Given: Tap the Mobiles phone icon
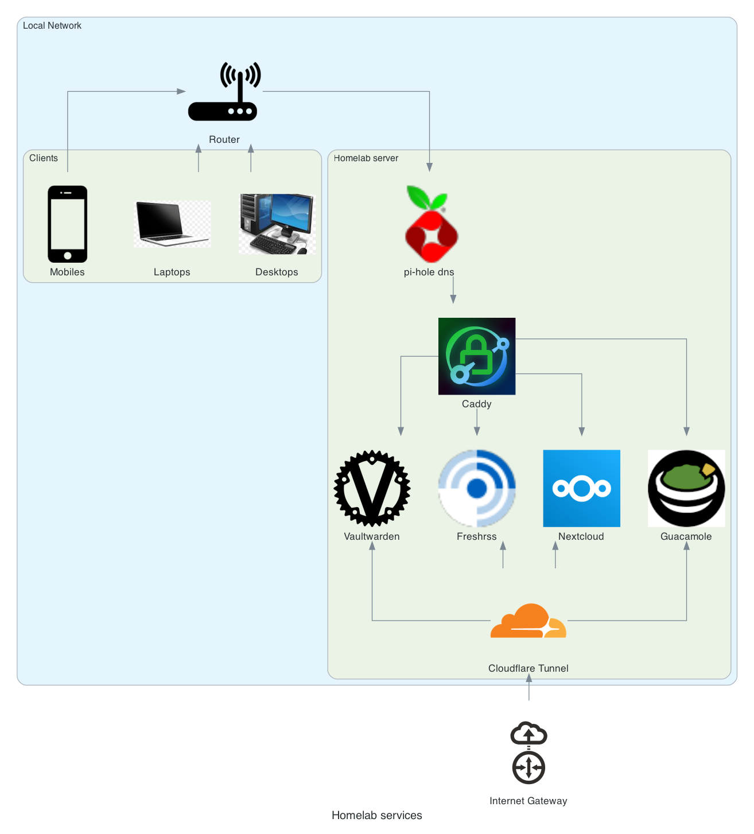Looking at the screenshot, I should pyautogui.click(x=68, y=224).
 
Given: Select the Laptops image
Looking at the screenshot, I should pyautogui.click(x=172, y=224).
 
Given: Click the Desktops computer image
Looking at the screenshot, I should pyautogui.click(x=277, y=224).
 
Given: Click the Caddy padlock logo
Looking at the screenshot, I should pyautogui.click(x=477, y=356).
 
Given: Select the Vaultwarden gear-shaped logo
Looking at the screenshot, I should pyautogui.click(x=372, y=488).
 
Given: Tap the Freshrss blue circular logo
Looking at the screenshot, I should pyautogui.click(x=477, y=488).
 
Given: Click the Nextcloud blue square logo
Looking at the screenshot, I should pyautogui.click(x=581, y=488).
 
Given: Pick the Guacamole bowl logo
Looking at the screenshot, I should pyautogui.click(x=686, y=488).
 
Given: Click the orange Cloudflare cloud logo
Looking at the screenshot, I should pyautogui.click(x=528, y=622).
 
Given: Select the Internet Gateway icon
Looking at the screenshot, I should pyautogui.click(x=528, y=753).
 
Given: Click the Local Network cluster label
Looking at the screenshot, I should pyautogui.click(x=52, y=26).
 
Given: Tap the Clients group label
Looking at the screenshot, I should pyautogui.click(x=44, y=158).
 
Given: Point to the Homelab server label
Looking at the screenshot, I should pyautogui.click(x=366, y=158).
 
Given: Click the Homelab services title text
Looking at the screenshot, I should pyautogui.click(x=376, y=816).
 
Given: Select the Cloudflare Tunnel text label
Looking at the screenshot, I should pyautogui.click(x=528, y=668).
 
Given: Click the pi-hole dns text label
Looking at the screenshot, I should pyautogui.click(x=429, y=272).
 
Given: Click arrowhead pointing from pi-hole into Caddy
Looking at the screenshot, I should pyautogui.click(x=453, y=299).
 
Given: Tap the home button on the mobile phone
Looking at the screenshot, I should pyautogui.click(x=68, y=255).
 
